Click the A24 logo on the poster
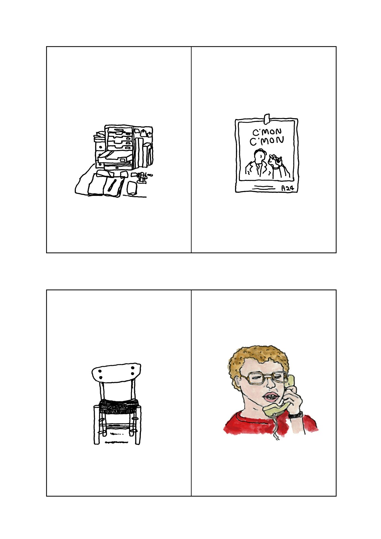[288, 188]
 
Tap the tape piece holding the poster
[267, 119]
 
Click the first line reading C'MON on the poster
[267, 132]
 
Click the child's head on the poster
[275, 160]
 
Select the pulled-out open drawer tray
[115, 157]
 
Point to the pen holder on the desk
[142, 178]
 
